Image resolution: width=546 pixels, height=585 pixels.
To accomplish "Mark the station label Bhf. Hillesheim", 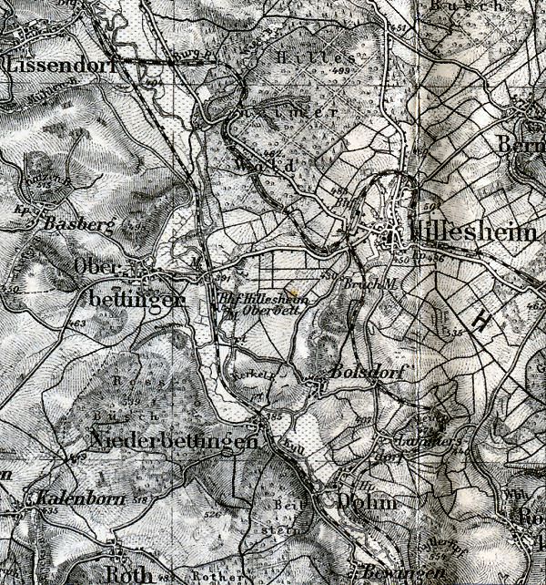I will pyautogui.click(x=264, y=299).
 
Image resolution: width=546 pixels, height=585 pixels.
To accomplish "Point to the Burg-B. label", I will pyautogui.click(x=186, y=56).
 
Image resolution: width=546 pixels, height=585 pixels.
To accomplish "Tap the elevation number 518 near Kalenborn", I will pyautogui.click(x=140, y=501).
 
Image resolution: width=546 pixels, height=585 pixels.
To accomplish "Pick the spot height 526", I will pyautogui.click(x=212, y=516).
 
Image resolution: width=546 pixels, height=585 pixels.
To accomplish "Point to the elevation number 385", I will pyautogui.click(x=273, y=416).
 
